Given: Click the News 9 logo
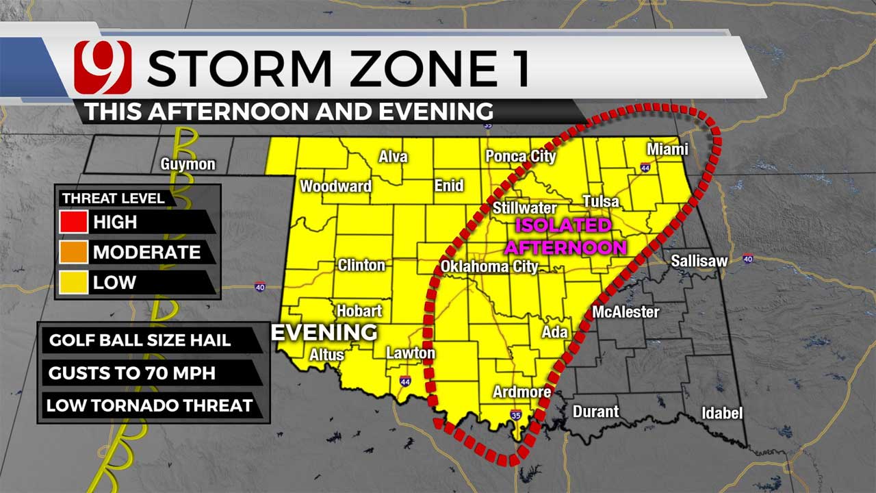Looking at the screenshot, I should (103, 67).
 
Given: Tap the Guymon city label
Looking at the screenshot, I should (188, 164).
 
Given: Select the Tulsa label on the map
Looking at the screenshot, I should (600, 201).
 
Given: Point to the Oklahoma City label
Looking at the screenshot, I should (489, 266).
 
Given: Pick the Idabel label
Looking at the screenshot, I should (721, 414).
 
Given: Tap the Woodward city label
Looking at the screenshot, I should (335, 186).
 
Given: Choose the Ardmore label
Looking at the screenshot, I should (522, 392).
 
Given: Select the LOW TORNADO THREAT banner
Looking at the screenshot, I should (149, 405).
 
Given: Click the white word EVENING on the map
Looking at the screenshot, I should (324, 332).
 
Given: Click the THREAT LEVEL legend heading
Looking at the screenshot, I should (113, 199).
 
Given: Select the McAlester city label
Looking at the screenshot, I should (626, 312).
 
